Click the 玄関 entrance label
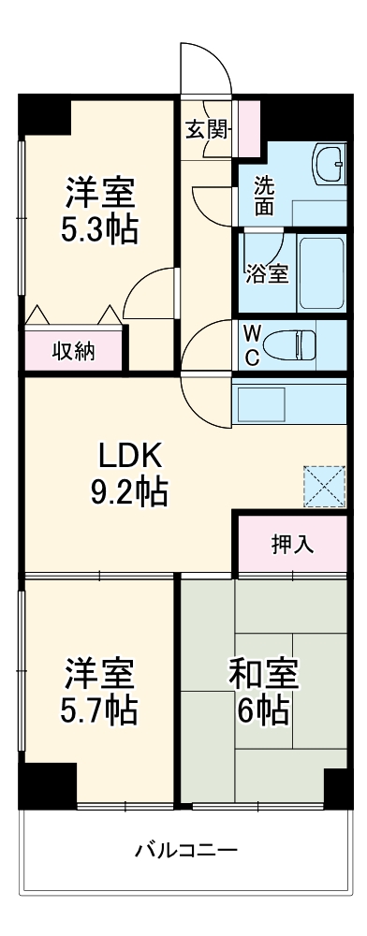click(x=206, y=129)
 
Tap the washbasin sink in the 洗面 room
click(x=330, y=166)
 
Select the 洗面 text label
click(x=265, y=196)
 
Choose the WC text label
click(x=253, y=344)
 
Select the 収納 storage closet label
click(x=73, y=350)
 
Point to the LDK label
click(x=132, y=457)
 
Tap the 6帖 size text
click(x=264, y=711)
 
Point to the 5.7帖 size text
click(x=100, y=711)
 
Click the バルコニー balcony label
click(x=186, y=851)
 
